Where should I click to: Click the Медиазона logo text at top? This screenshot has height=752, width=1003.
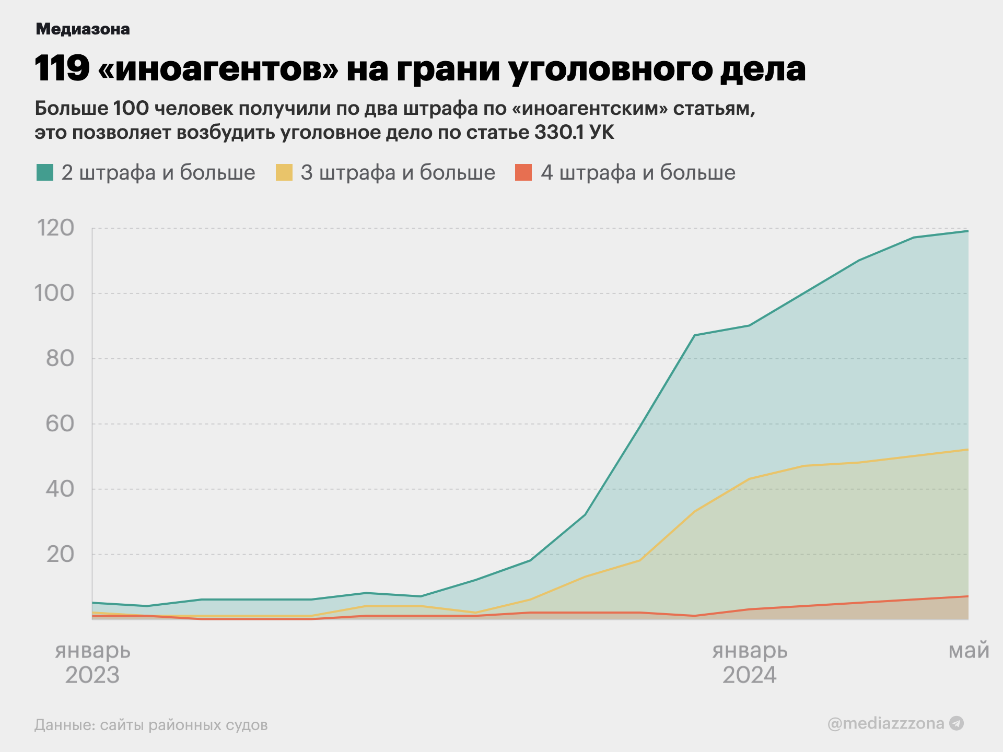point(83,29)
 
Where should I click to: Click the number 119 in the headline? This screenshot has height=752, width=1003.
point(62,68)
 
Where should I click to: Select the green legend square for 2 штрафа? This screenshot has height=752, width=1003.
point(45,172)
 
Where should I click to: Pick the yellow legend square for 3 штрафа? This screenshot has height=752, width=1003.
point(284,172)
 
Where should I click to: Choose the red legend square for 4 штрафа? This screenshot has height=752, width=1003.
point(523,172)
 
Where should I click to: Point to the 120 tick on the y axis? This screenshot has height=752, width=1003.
point(55,228)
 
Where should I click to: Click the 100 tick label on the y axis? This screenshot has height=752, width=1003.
point(54,293)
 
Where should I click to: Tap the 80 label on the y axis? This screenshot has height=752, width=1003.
point(60,359)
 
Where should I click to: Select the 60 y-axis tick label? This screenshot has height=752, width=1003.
point(60,424)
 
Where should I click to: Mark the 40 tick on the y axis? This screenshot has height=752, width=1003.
point(60,489)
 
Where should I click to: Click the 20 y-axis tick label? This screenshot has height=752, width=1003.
point(60,555)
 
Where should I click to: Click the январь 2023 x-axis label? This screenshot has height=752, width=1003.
point(92,663)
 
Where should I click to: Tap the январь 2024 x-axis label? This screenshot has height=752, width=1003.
point(750,663)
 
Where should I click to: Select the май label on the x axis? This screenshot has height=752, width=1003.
point(969,651)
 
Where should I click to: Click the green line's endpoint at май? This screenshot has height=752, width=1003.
point(968,231)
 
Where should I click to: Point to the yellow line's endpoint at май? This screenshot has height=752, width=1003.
point(968,450)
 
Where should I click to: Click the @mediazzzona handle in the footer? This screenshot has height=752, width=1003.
point(886,723)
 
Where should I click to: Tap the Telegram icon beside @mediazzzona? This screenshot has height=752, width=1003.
point(957,723)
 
